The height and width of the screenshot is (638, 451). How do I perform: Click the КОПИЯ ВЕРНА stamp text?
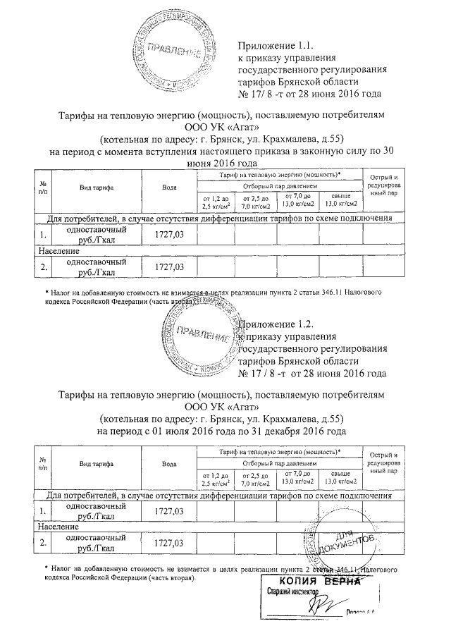[x=310, y=582]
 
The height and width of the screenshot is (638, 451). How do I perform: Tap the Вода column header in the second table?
[x=169, y=463]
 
